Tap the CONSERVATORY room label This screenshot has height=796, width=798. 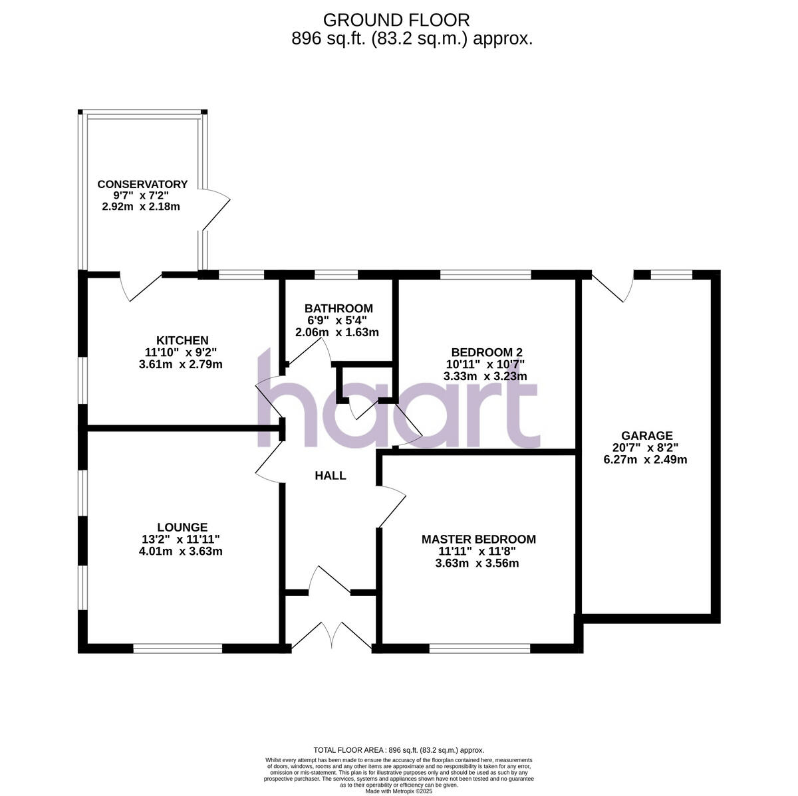pyautogui.click(x=142, y=184)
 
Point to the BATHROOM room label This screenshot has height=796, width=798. pyautogui.click(x=338, y=308)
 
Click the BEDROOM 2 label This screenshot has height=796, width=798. pyautogui.click(x=485, y=352)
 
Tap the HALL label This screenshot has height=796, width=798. pyautogui.click(x=331, y=476)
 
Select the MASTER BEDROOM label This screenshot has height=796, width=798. pyautogui.click(x=478, y=539)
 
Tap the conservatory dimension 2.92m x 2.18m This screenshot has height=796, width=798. pyautogui.click(x=141, y=207)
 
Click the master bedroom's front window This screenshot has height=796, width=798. pyautogui.click(x=479, y=648)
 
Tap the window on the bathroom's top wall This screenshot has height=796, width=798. pyautogui.click(x=336, y=274)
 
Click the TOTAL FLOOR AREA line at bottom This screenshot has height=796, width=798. pyautogui.click(x=399, y=749)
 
